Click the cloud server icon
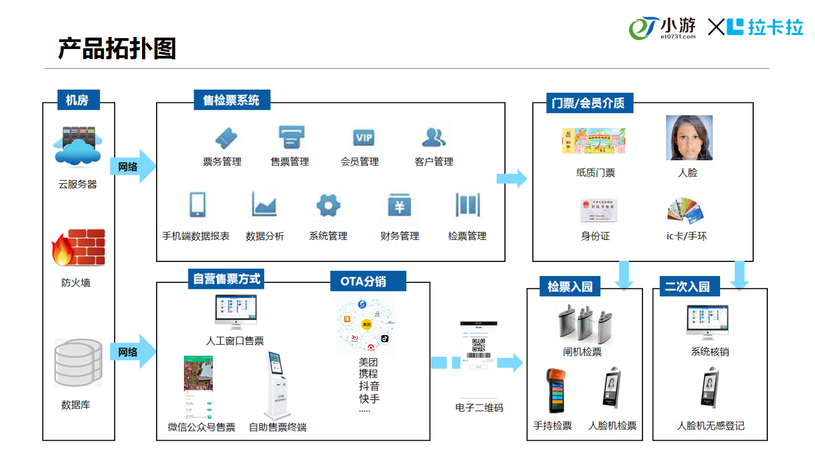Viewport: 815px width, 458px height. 78,146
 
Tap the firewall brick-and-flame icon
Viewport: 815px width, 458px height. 78,248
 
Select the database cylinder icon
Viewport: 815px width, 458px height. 78,363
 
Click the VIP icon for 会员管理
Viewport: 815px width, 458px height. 364,137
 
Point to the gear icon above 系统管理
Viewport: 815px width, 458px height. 329,205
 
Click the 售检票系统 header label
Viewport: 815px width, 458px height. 231,101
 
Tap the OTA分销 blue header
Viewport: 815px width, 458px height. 363,281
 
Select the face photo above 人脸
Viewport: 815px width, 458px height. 689,137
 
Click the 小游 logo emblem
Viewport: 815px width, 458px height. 643,28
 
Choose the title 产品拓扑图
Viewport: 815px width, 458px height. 117,48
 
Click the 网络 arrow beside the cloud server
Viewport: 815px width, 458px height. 132,167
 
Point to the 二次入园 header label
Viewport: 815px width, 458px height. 687,286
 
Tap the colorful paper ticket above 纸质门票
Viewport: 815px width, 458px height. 593,141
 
